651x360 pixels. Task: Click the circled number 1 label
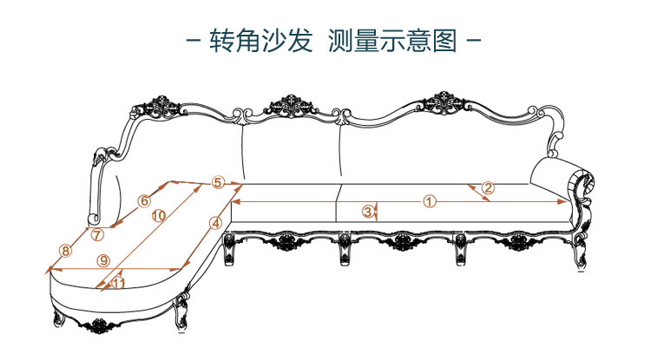pos(429,201)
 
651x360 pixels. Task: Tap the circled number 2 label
pos(488,187)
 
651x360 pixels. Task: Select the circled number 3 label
pos(367,211)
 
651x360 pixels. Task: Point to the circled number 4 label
pos(215,222)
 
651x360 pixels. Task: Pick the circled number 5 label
pos(218,182)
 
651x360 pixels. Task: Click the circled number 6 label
pos(145,201)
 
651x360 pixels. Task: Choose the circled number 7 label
pos(98,234)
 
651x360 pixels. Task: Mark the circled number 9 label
pos(102,259)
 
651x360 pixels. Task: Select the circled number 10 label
pos(158,217)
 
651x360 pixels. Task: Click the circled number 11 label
pos(118,283)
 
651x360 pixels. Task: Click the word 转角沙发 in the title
pos(260,42)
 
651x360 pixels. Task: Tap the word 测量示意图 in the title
pos(392,42)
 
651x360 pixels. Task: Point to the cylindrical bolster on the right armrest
pos(563,179)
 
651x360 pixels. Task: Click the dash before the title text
pos(194,42)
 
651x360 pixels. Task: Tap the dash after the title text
pos(474,42)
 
